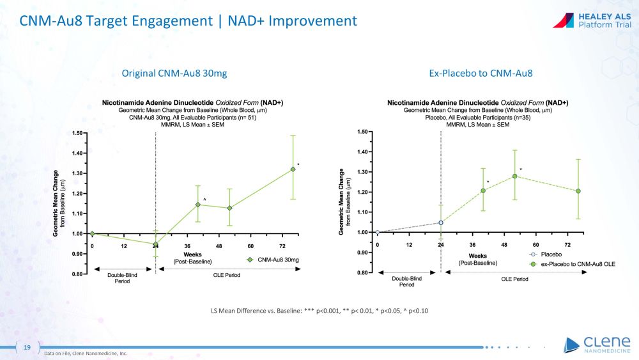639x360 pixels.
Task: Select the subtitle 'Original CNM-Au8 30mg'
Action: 174,74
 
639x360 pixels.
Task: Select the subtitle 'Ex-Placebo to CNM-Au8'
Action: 481,74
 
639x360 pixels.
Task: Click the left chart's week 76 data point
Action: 293,169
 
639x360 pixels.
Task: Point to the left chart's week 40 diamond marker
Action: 198,205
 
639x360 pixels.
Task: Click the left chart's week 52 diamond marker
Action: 229,208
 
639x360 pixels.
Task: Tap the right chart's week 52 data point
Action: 514,176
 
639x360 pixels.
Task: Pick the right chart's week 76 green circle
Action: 578,191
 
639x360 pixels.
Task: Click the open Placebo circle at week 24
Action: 441,223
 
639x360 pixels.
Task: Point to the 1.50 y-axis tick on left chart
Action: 79,133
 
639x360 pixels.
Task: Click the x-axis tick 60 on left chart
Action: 250,246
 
